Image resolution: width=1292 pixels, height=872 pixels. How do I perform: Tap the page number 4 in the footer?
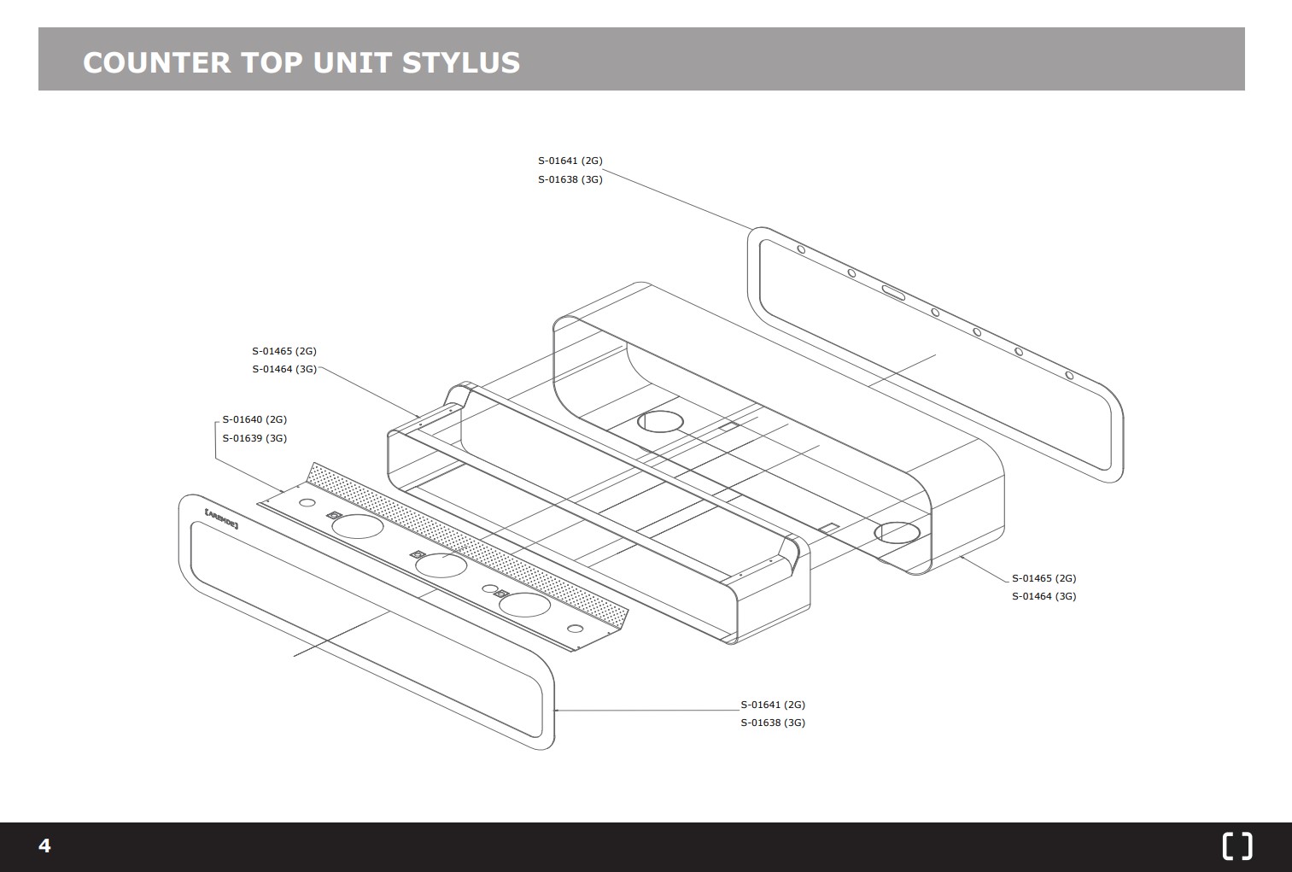pyautogui.click(x=44, y=846)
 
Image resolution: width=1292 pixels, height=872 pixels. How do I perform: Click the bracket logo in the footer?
pyautogui.click(x=1237, y=846)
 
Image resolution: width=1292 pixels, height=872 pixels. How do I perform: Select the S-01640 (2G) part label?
pyautogui.click(x=254, y=419)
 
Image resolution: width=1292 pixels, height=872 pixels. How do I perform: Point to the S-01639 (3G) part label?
pyautogui.click(x=254, y=438)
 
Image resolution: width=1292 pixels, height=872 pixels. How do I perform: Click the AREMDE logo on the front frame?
pyautogui.click(x=221, y=516)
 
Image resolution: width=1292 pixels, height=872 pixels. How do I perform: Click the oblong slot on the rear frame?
pyautogui.click(x=894, y=293)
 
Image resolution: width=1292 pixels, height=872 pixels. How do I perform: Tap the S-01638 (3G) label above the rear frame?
pyautogui.click(x=570, y=179)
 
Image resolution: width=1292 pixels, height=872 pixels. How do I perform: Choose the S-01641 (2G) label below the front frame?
pyautogui.click(x=772, y=705)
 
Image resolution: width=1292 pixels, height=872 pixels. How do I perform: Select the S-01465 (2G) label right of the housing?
pyautogui.click(x=1044, y=578)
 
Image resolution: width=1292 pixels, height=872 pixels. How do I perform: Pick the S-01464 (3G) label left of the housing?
pyautogui.click(x=284, y=369)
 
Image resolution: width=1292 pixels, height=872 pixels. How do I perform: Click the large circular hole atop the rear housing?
pyautogui.click(x=661, y=420)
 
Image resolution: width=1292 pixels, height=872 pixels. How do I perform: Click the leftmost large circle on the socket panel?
pyautogui.click(x=357, y=526)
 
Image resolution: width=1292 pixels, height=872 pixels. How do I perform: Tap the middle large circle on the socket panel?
pyautogui.click(x=441, y=565)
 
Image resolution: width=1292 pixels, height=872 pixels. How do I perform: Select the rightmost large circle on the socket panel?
pyautogui.click(x=524, y=605)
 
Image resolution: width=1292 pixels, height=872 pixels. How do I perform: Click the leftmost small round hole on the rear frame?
pyautogui.click(x=801, y=249)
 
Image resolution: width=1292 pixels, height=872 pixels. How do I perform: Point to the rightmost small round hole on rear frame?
pyautogui.click(x=1068, y=375)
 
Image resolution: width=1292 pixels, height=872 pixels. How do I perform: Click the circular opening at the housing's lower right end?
pyautogui.click(x=897, y=533)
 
